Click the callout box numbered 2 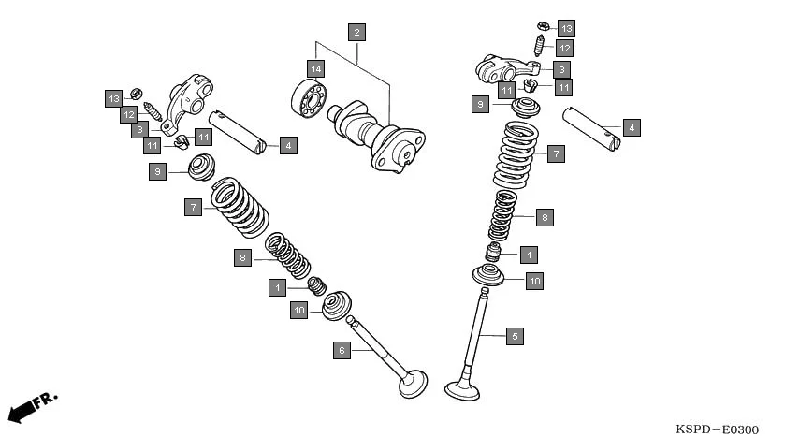[x=356, y=33]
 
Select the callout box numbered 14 [x=316, y=68]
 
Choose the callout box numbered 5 [x=513, y=336]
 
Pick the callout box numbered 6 [x=342, y=350]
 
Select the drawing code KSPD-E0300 [x=717, y=429]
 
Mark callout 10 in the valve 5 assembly [x=533, y=280]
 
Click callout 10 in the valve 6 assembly [x=298, y=310]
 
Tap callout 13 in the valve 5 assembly [x=566, y=28]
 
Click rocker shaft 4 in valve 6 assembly [x=237, y=129]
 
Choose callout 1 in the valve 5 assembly [x=529, y=254]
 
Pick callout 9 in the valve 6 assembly [x=158, y=171]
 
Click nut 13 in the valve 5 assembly [x=542, y=24]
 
